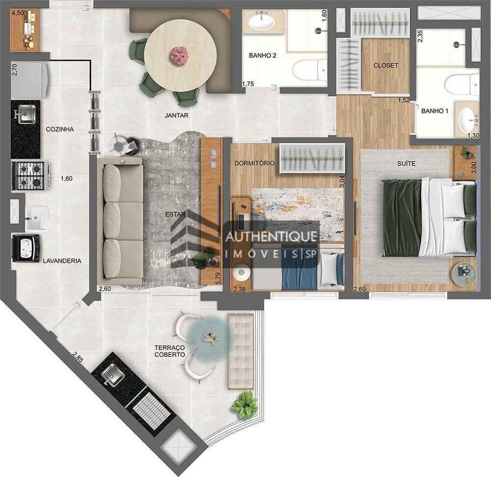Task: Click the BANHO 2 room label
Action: tap(262, 56)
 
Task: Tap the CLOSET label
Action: tap(385, 65)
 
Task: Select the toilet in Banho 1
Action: tap(461, 85)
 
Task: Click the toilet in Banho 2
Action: tap(310, 70)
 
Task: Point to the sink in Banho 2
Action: tap(262, 22)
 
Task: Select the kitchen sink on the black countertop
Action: tap(25, 116)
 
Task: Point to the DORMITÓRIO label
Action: tap(254, 163)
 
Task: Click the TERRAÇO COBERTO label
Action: tap(169, 351)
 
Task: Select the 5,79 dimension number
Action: tap(218, 278)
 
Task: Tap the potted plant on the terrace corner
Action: tap(244, 404)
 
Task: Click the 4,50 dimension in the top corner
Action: tap(17, 13)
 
